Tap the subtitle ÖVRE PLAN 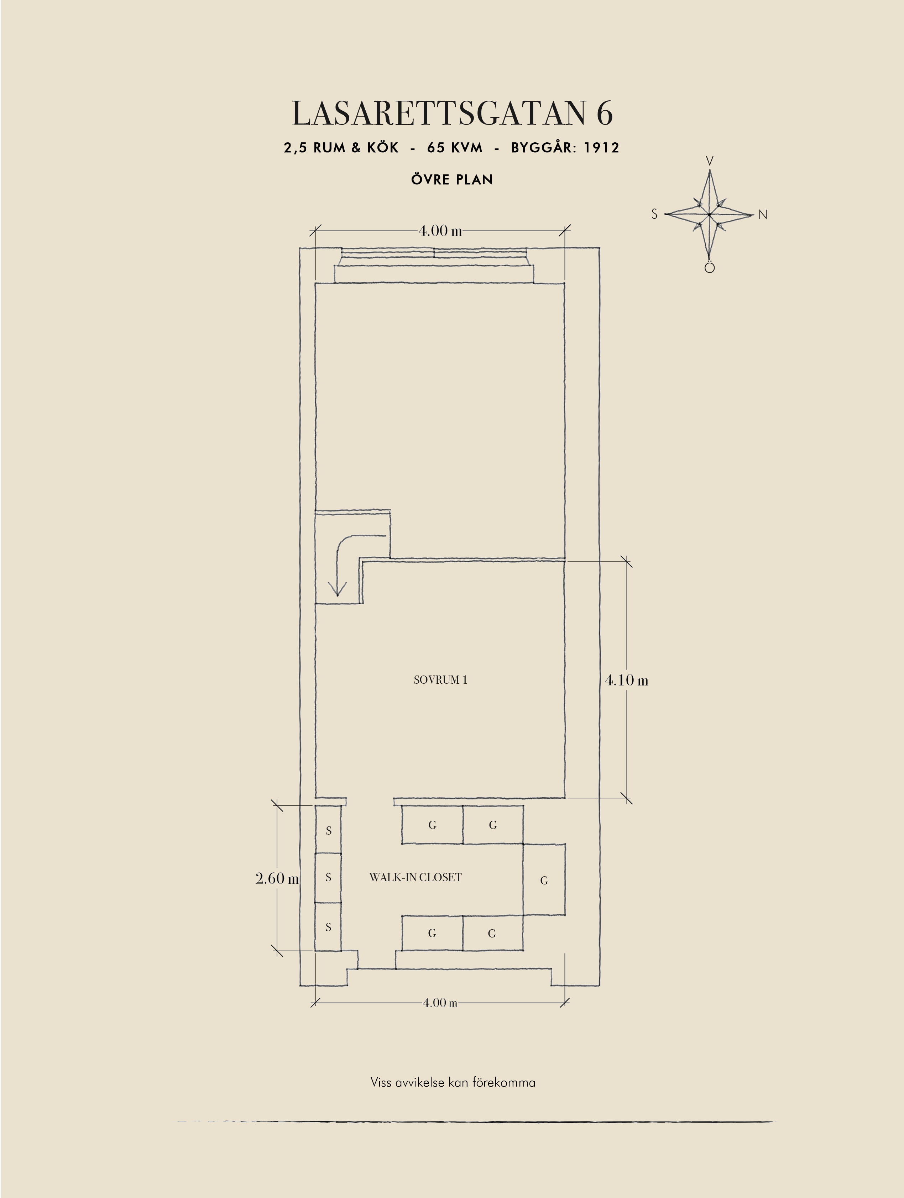click(x=452, y=179)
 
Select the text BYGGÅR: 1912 click(x=565, y=148)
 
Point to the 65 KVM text click(x=454, y=148)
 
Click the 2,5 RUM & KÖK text click(x=341, y=148)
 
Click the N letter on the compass click(x=763, y=215)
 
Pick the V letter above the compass click(x=710, y=161)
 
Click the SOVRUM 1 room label click(x=440, y=680)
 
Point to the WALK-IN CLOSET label click(x=416, y=877)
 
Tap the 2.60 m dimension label click(x=277, y=878)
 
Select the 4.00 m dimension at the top click(x=440, y=231)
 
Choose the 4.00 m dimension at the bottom click(x=440, y=1003)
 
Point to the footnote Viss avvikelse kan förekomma click(x=453, y=1083)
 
